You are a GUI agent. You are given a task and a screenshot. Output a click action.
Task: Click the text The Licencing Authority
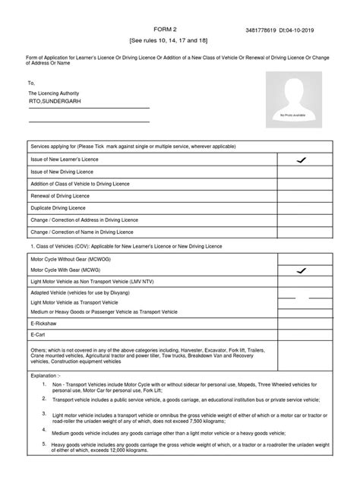coord(57,91)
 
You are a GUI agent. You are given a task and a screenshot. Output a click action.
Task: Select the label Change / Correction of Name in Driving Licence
coord(81,232)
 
